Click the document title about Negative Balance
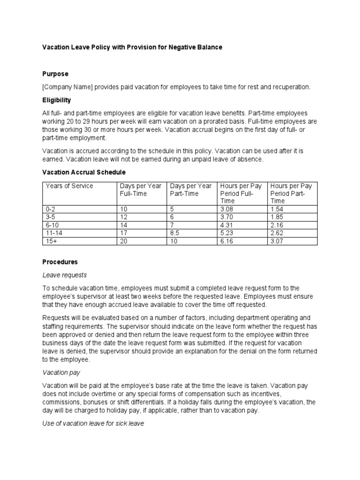(133, 47)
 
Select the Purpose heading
(55, 74)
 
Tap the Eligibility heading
(57, 100)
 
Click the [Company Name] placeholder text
(68, 87)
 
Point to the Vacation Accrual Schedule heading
(84, 172)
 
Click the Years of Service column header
(69, 186)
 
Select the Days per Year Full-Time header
(141, 190)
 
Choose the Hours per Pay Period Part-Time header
(291, 193)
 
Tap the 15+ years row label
(51, 241)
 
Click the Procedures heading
(60, 262)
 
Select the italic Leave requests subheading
(65, 275)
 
